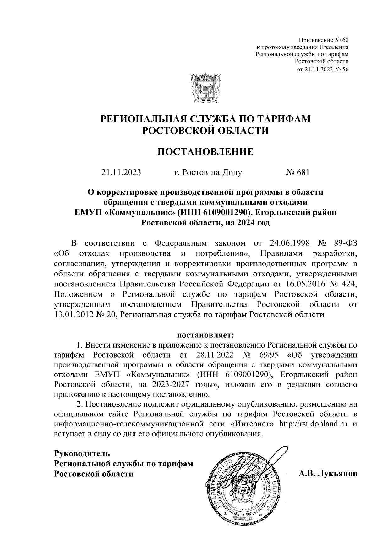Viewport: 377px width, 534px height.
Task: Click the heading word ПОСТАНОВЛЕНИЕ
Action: pyautogui.click(x=205, y=152)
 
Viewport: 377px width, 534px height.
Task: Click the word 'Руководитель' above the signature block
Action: pyautogui.click(x=82, y=454)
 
